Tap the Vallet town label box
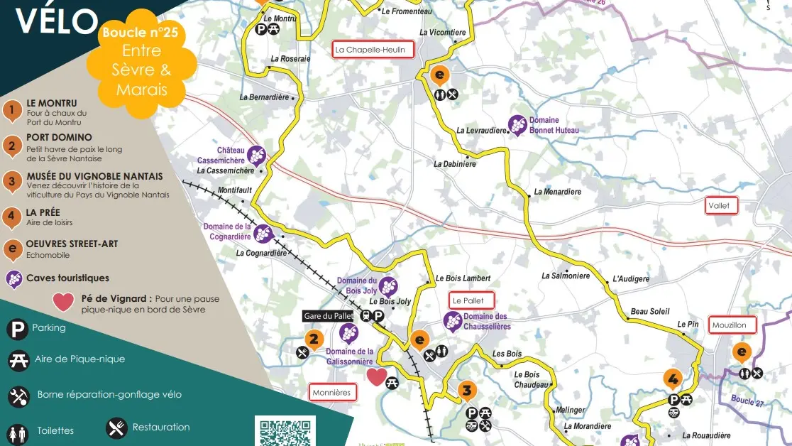point(722,206)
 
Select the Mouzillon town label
point(732,325)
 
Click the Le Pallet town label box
point(471,301)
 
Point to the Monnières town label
point(332,392)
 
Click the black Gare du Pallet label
point(328,316)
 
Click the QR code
point(285,432)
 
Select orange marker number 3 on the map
point(466,390)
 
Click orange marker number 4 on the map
point(672,378)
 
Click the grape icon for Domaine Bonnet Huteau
point(518,126)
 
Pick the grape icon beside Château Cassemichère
point(256,156)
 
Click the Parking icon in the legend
point(17,329)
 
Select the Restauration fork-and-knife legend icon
point(117,428)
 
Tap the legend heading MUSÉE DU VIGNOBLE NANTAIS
point(94,176)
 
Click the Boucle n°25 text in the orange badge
point(140,33)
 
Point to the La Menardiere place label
point(557,192)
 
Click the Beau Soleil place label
point(649,312)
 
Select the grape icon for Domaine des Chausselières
point(453,322)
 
